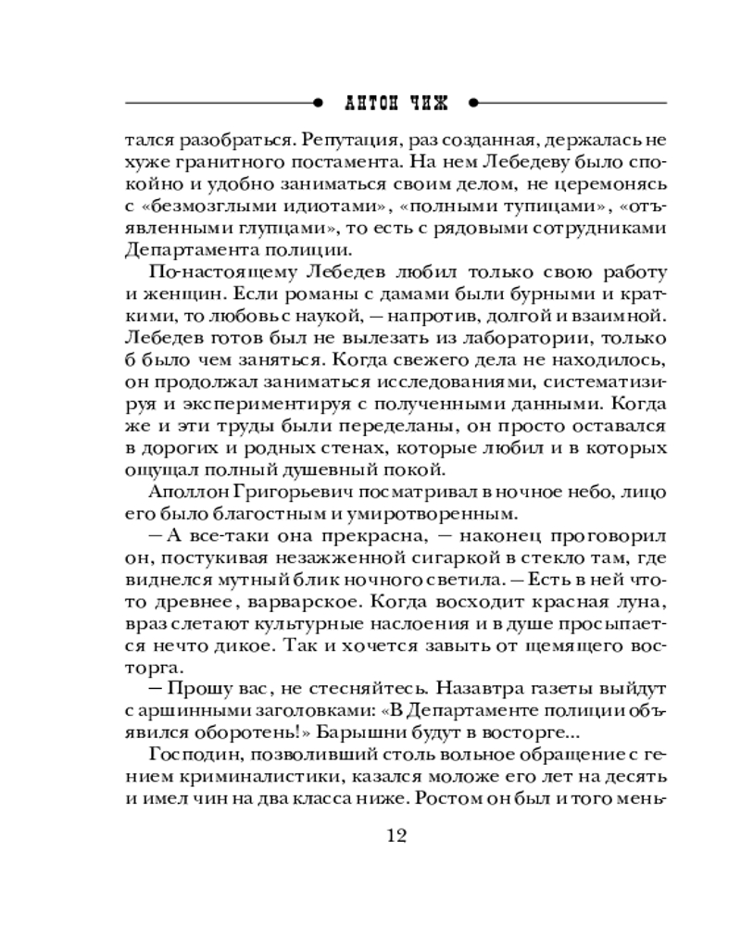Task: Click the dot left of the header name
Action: [319, 101]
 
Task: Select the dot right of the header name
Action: [472, 101]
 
